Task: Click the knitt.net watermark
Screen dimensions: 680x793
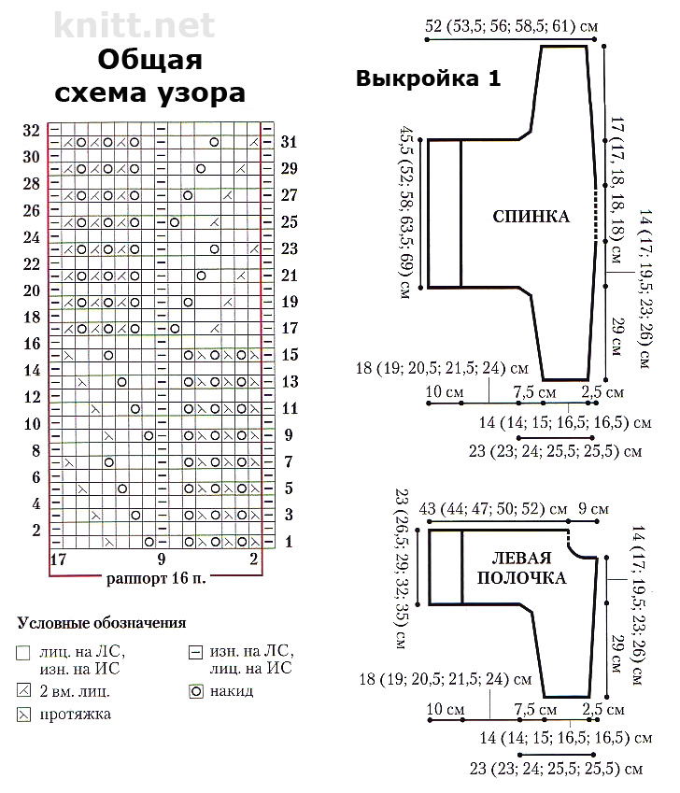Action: tap(134, 25)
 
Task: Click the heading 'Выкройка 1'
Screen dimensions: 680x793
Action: tap(429, 78)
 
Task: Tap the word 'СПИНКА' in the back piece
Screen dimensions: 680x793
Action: tap(531, 217)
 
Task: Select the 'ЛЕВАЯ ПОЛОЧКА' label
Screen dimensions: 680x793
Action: tap(521, 568)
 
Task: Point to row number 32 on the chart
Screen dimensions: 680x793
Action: tap(31, 131)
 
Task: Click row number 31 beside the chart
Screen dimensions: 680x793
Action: tap(289, 142)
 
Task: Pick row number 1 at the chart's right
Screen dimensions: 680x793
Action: tap(289, 542)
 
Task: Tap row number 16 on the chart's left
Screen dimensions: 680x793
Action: tap(32, 344)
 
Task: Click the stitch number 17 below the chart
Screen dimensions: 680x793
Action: tap(58, 559)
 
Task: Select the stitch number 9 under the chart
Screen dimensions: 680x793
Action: tap(162, 559)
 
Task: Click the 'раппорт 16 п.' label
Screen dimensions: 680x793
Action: tap(156, 578)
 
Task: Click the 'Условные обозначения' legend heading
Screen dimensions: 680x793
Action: tap(102, 623)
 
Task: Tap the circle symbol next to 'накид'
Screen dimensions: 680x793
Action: tap(195, 691)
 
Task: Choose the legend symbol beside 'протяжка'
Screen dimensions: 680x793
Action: tap(23, 715)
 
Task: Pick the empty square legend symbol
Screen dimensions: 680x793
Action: tap(23, 653)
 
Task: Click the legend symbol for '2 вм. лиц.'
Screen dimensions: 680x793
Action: tap(23, 690)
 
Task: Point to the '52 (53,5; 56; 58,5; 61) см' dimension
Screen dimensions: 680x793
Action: tap(512, 25)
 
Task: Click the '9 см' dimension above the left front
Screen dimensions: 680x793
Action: tap(593, 509)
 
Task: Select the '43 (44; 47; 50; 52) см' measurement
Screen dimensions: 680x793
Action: tap(493, 509)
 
